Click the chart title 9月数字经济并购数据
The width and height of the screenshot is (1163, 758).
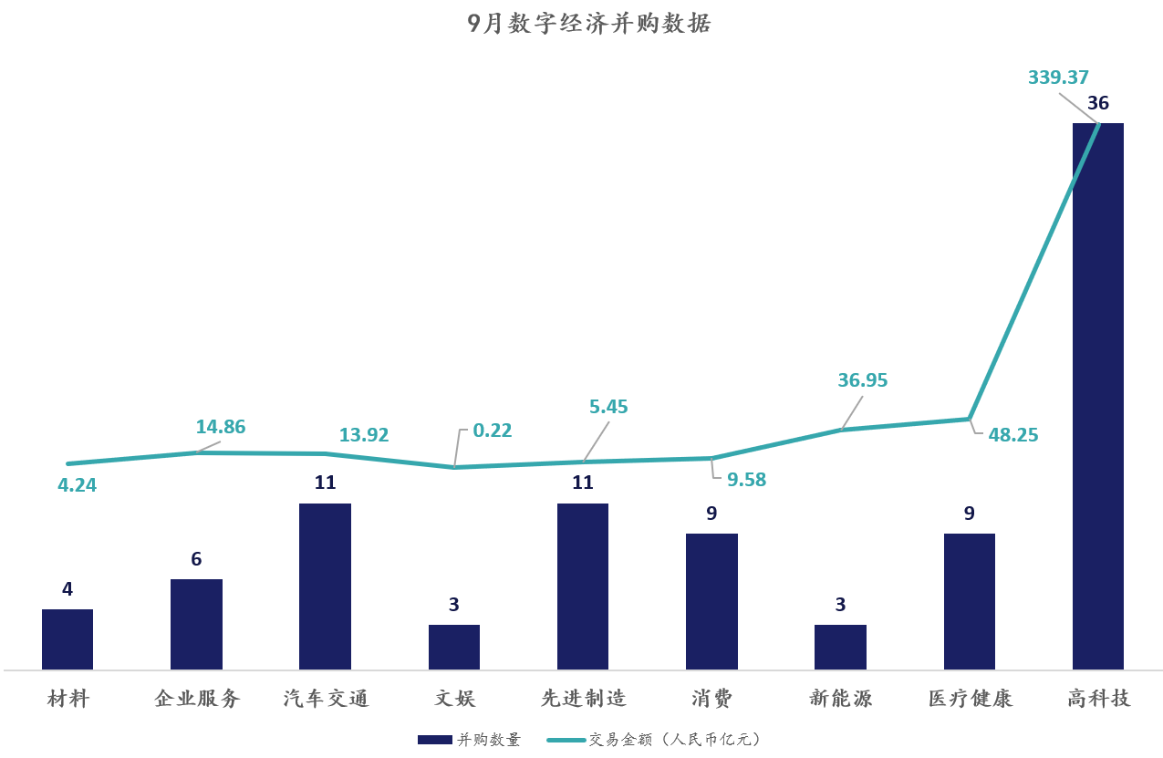pos(588,24)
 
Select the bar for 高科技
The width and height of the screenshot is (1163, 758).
pos(1097,396)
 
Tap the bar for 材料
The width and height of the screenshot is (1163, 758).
pos(67,639)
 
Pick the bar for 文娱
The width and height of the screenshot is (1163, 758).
pos(454,647)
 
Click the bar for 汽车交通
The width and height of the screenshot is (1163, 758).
pos(325,587)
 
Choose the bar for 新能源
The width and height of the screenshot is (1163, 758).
pos(840,647)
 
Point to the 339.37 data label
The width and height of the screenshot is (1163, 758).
pos(1058,78)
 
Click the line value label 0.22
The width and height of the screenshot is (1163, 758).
pos(493,431)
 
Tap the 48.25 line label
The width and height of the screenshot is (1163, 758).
pos(1013,435)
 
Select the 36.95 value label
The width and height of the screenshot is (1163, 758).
pos(862,380)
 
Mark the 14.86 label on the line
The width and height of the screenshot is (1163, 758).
pos(221,427)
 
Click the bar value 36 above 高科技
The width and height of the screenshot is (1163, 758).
pos(1098,103)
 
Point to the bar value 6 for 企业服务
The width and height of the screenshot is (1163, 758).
pos(196,559)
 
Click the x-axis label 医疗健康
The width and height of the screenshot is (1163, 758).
pos(970,699)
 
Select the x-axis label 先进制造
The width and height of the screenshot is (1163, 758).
pos(583,699)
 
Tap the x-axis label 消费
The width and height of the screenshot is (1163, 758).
pos(711,699)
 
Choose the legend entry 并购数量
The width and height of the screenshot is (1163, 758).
pos(471,740)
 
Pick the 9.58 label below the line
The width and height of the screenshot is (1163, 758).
pos(747,480)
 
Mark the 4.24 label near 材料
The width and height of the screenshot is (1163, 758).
pos(77,485)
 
